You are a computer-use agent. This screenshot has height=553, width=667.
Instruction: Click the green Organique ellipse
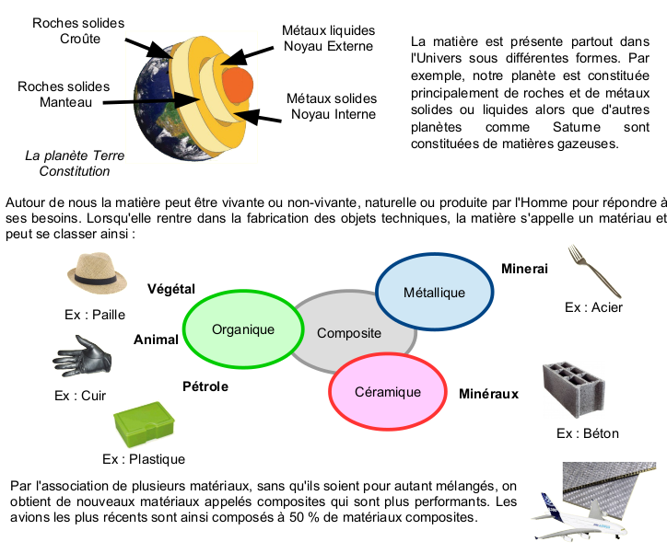coord(243,329)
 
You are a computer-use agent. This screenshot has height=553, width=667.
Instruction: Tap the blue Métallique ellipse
coord(434,292)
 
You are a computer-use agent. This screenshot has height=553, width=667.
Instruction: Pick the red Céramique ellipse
coord(387,392)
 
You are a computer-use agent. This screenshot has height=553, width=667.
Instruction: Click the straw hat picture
coord(94,272)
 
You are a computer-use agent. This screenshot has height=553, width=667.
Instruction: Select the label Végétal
coord(171,289)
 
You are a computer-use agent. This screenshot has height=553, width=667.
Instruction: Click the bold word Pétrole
coord(205,386)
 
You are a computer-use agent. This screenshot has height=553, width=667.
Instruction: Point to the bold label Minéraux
coord(488,394)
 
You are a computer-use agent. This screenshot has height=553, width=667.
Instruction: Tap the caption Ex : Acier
coord(593,307)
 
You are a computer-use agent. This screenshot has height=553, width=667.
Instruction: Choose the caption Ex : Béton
coord(588,433)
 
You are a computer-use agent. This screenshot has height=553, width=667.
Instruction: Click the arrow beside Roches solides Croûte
coord(147,47)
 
